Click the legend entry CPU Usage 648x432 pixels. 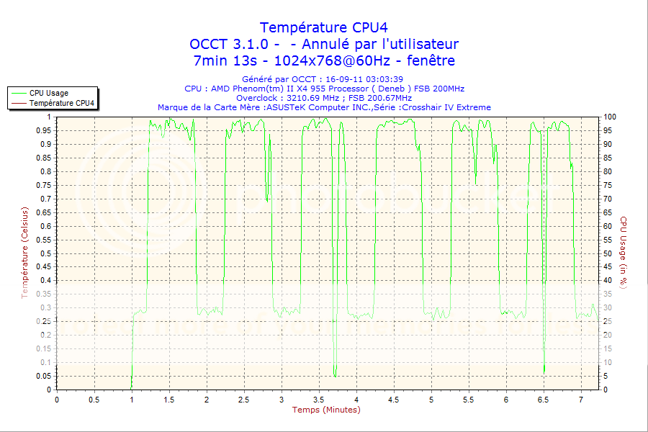tap(49, 93)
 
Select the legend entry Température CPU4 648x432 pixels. tap(62, 103)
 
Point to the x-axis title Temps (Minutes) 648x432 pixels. tap(326, 410)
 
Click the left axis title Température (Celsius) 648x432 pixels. tap(24, 252)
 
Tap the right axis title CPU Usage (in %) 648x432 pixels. tap(624, 253)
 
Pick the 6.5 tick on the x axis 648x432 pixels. tap(544, 399)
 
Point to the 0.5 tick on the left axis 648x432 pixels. tap(45, 253)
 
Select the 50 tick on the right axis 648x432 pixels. tap(608, 253)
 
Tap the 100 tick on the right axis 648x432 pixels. tap(611, 117)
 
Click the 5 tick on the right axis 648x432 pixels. tap(606, 376)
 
